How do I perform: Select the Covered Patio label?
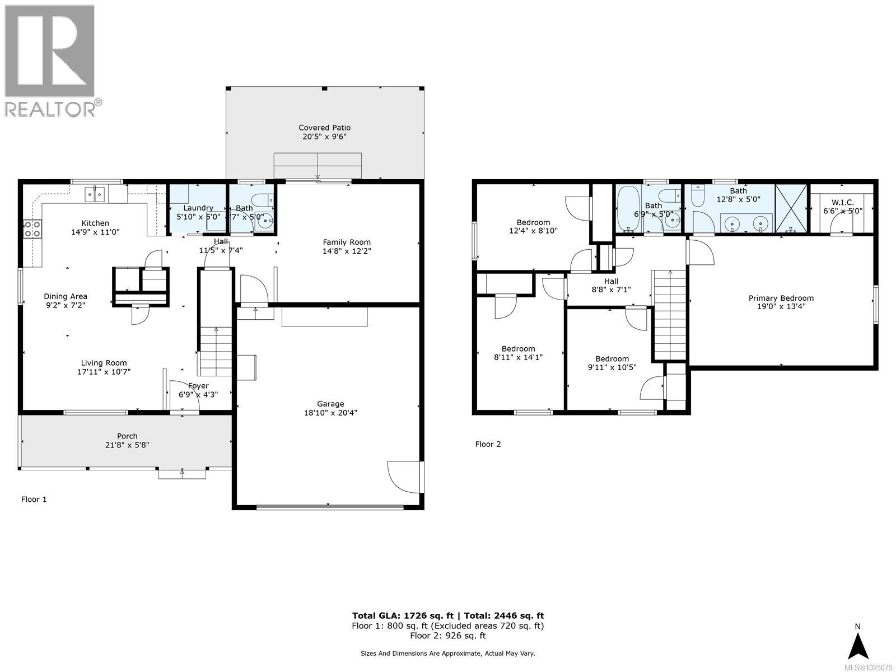(324, 128)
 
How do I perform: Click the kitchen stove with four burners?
(32, 228)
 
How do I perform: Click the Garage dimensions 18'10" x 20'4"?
(330, 413)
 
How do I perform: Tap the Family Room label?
(347, 242)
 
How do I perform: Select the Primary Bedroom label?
(781, 298)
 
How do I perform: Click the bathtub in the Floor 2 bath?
(628, 209)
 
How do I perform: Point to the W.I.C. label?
(842, 202)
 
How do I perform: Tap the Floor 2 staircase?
(670, 314)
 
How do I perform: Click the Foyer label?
(198, 385)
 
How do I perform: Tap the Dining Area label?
(66, 296)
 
